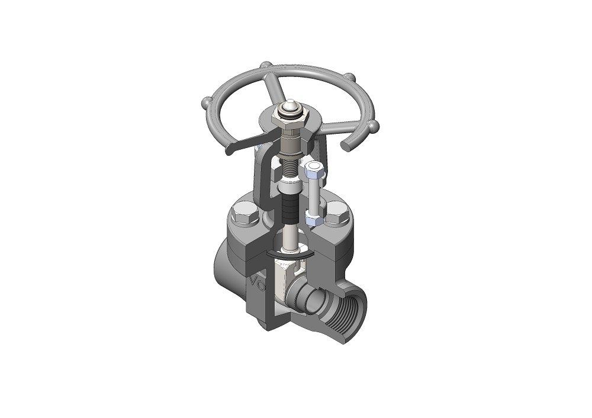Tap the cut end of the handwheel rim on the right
tap(345, 144)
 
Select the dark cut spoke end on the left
tap(229, 152)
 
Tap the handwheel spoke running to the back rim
tap(276, 89)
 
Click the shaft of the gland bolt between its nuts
tap(313, 195)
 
